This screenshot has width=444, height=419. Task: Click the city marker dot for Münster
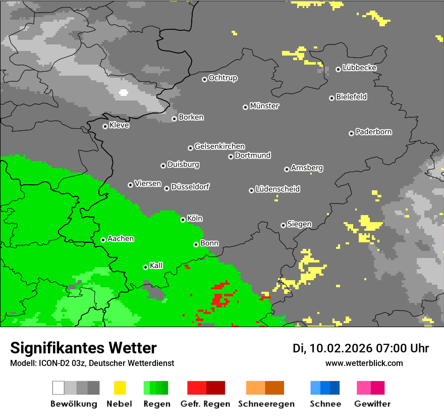[x=245, y=107]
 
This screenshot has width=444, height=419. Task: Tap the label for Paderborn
[x=373, y=132]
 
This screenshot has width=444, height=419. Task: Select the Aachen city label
[x=121, y=239]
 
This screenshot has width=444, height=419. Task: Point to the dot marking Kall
[x=145, y=267]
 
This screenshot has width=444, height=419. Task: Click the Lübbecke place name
[x=359, y=68]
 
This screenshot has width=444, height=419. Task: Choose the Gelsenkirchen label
[x=219, y=146]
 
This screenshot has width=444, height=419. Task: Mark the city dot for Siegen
[x=283, y=225]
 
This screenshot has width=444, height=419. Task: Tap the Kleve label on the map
[x=119, y=125]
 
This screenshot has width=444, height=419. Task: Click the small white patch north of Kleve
[x=123, y=92]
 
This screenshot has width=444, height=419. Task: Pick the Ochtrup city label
[x=223, y=78]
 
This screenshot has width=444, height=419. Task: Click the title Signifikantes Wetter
[x=83, y=348]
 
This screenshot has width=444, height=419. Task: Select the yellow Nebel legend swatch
[x=120, y=388]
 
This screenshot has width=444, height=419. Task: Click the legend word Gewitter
[x=372, y=404]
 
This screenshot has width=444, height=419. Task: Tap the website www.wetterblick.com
[x=364, y=363]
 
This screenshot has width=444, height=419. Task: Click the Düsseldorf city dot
[x=166, y=188]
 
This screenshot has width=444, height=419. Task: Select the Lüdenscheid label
[x=277, y=189]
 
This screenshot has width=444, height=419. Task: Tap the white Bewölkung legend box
[x=58, y=388]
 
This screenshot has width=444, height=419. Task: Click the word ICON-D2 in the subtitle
[x=52, y=363]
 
